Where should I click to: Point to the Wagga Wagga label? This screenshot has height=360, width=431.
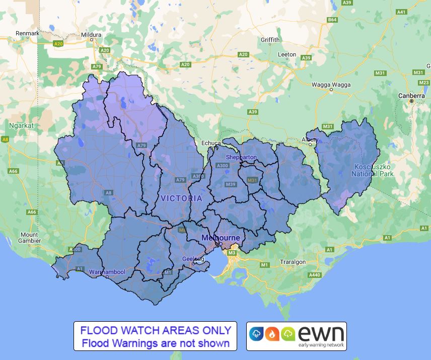click(x=331, y=85)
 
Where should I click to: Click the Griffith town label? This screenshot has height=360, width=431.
click(x=270, y=40)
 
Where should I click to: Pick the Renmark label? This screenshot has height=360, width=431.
click(x=27, y=33)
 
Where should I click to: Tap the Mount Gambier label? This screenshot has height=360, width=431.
click(x=29, y=238)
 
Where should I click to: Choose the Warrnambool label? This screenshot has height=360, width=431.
click(x=106, y=272)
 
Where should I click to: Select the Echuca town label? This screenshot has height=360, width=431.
click(x=211, y=143)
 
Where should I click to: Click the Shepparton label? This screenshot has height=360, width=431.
click(x=241, y=157)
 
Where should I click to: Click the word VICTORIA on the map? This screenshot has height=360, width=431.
click(x=182, y=198)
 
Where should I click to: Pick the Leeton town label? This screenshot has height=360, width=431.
click(x=288, y=54)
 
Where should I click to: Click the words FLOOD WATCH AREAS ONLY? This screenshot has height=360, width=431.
click(x=156, y=331)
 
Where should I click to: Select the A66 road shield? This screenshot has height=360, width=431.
click(x=13, y=171)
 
